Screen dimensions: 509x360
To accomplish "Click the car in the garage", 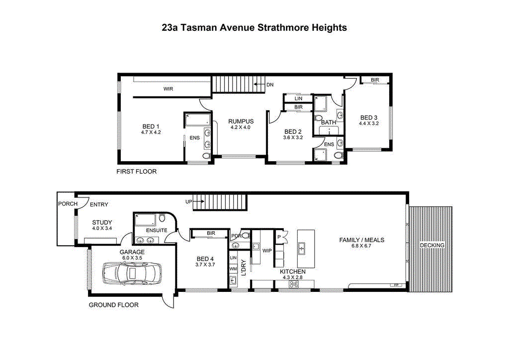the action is pyautogui.click(x=132, y=272).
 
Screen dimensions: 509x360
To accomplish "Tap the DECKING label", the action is pyautogui.click(x=432, y=245).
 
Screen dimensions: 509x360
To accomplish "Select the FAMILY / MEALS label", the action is pyautogui.click(x=362, y=240).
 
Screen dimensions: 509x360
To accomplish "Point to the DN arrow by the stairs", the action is pyautogui.click(x=259, y=85).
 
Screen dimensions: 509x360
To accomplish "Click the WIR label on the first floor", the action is pyautogui.click(x=168, y=89).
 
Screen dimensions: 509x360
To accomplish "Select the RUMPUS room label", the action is pyautogui.click(x=241, y=121).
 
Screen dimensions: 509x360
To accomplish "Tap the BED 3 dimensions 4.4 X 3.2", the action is pyautogui.click(x=369, y=123).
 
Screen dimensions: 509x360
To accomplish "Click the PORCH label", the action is pyautogui.click(x=68, y=204).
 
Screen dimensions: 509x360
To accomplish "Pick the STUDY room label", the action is pyautogui.click(x=102, y=222).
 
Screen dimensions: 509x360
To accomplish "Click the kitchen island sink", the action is pyautogui.click(x=302, y=249).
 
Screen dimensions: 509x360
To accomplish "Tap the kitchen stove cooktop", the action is pyautogui.click(x=293, y=284).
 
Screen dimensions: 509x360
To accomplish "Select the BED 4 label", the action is pyautogui.click(x=205, y=259).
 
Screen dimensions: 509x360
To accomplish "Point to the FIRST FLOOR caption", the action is pyautogui.click(x=136, y=172).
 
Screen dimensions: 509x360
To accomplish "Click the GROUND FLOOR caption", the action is pyautogui.click(x=114, y=305).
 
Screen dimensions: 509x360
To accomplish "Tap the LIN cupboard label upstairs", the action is pyautogui.click(x=298, y=98).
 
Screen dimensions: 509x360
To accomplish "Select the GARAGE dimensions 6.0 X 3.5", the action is pyautogui.click(x=132, y=258).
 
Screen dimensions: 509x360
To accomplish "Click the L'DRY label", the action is pyautogui.click(x=244, y=268).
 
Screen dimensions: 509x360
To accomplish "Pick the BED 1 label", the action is pyautogui.click(x=151, y=126).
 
